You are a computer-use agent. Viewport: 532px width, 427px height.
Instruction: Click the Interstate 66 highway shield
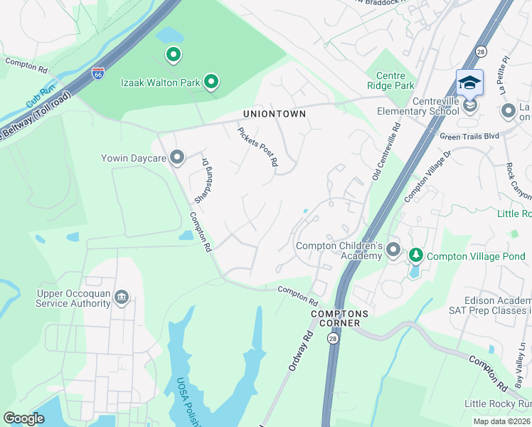coord(97,73)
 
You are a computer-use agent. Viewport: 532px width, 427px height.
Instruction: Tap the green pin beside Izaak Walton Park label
coord(211,83)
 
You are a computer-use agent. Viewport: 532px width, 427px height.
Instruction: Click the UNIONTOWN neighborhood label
coord(275,114)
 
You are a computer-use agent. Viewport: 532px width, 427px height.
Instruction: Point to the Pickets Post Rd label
coord(257,147)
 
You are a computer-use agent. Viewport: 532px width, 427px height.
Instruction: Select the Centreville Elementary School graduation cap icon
coord(469,83)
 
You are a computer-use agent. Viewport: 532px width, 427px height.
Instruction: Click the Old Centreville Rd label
coord(386,149)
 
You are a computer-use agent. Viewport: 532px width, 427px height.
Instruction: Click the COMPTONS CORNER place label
coord(339,319)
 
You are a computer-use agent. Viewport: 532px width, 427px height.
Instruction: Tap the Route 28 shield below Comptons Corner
coord(333,339)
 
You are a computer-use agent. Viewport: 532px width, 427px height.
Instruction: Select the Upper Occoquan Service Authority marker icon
coord(121,296)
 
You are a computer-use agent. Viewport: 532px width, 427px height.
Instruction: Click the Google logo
coord(23,418)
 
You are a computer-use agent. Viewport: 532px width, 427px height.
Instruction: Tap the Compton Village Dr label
coord(428,175)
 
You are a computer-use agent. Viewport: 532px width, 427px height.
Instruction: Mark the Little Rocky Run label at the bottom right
coord(497,404)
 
